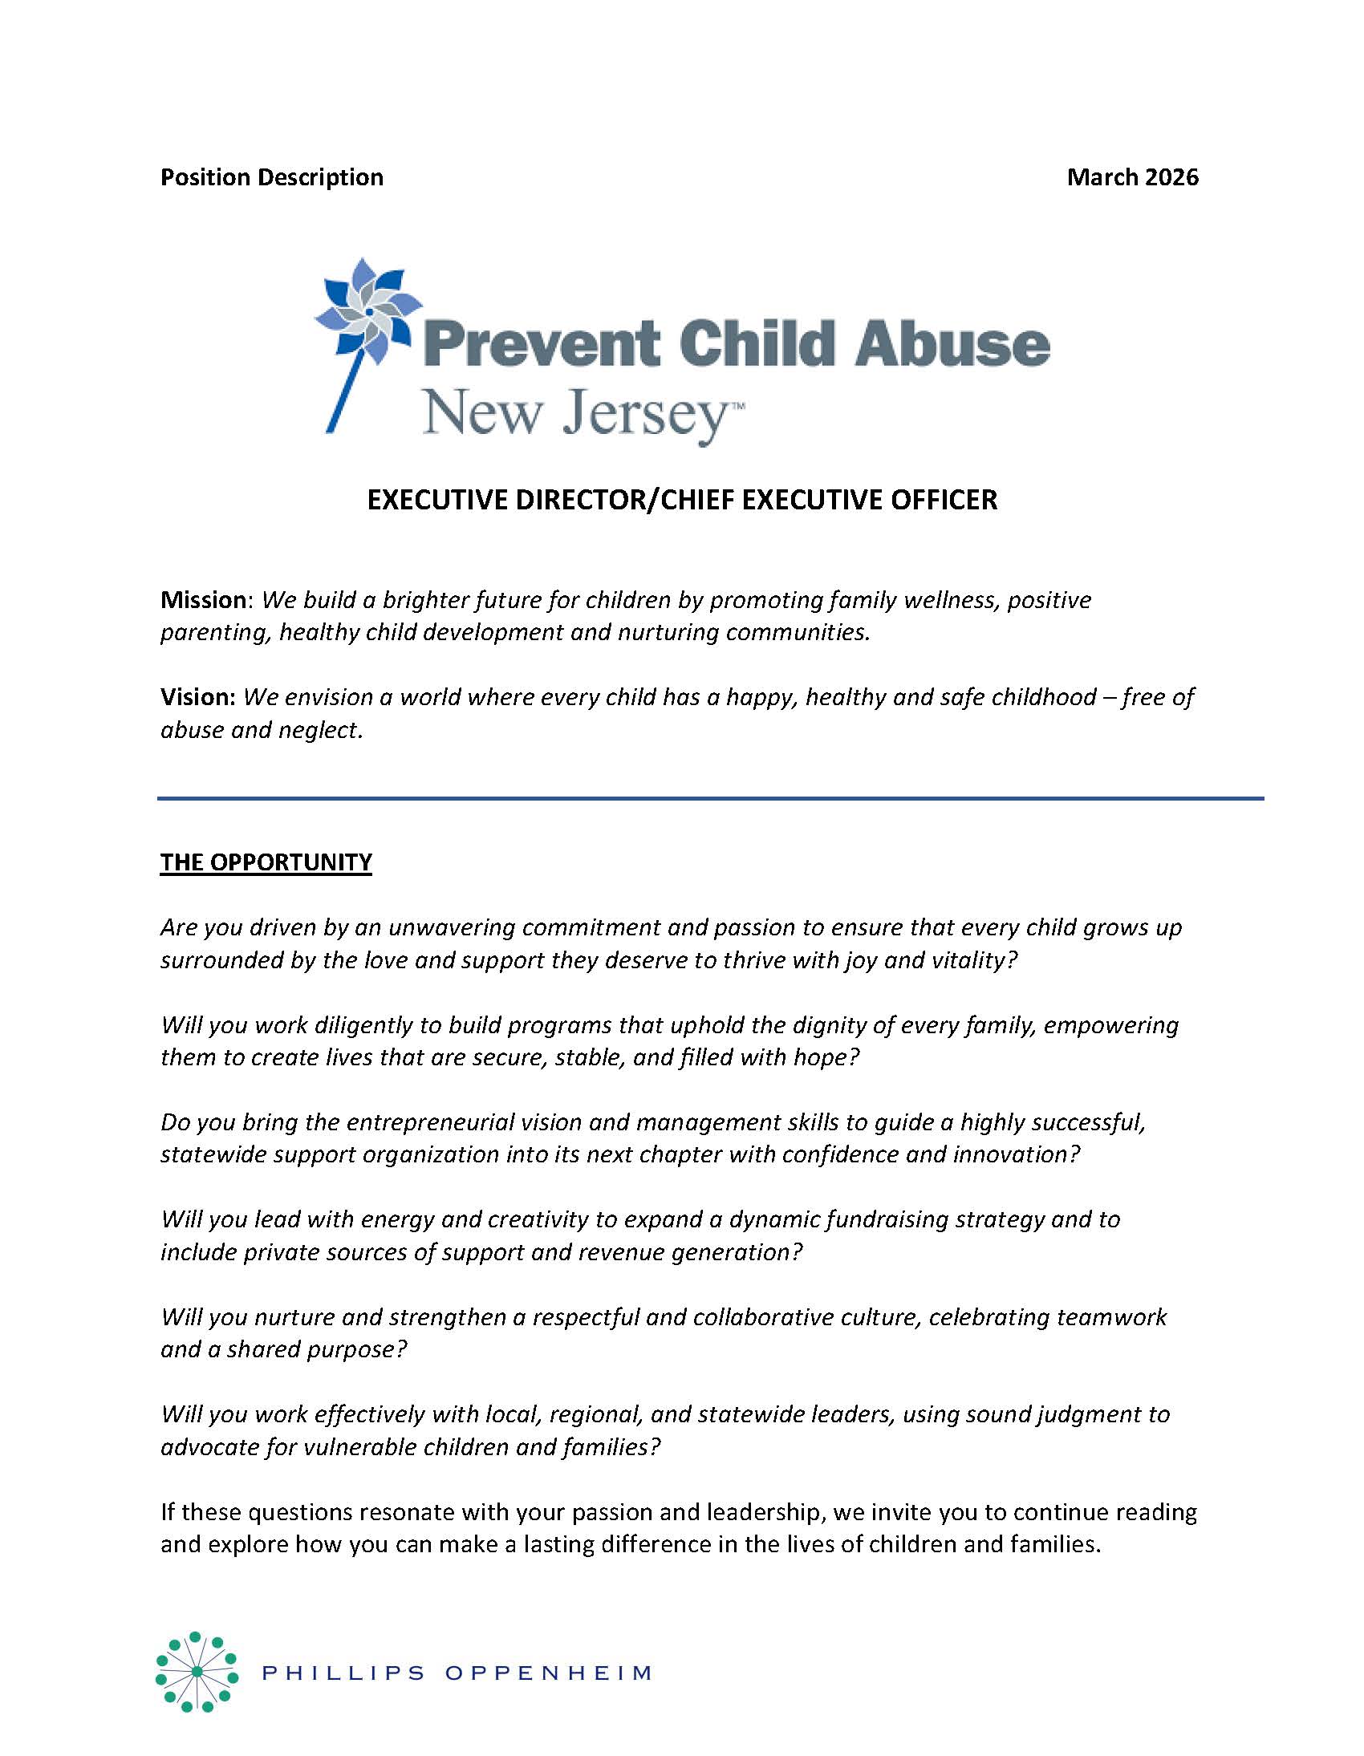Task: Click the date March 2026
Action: click(x=1131, y=177)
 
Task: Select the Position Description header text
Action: click(x=272, y=177)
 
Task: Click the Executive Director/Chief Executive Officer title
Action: click(x=682, y=500)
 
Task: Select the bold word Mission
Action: click(x=204, y=600)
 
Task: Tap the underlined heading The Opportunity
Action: click(x=266, y=862)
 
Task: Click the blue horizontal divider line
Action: click(x=710, y=798)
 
